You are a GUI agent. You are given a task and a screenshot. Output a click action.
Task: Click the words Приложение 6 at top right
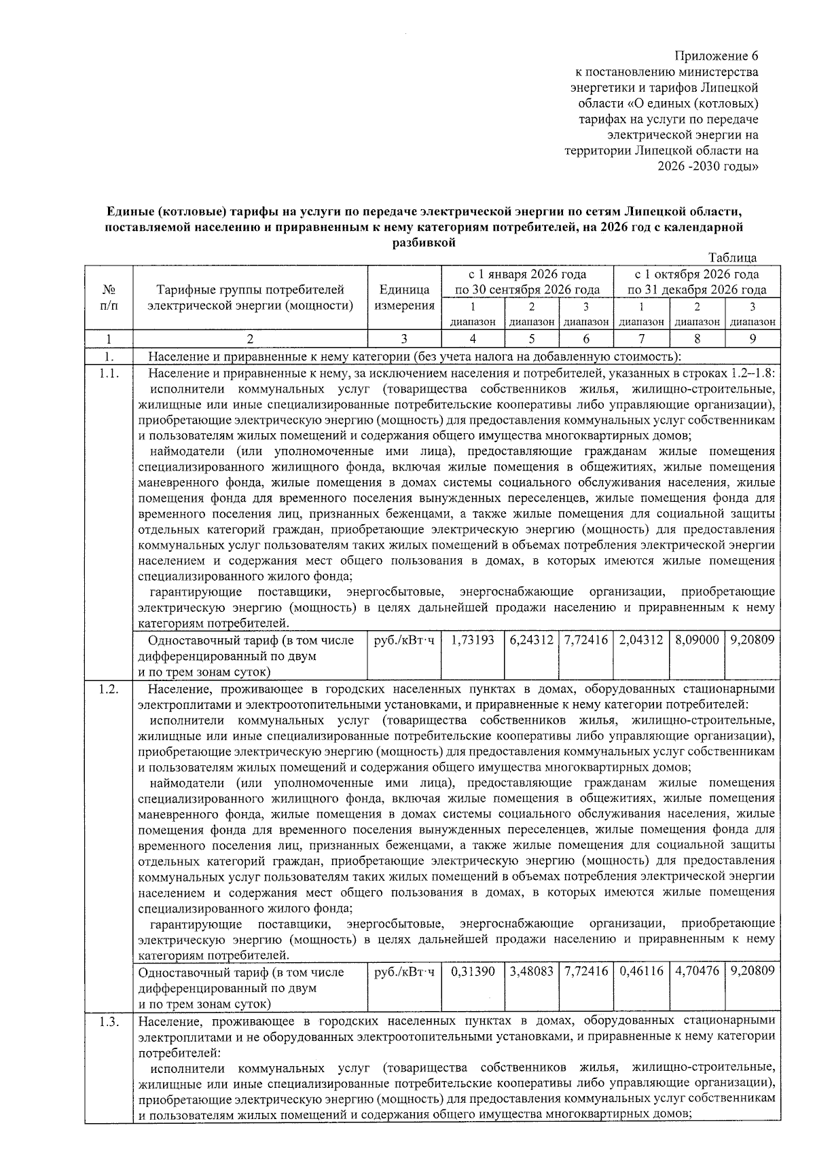tap(716, 56)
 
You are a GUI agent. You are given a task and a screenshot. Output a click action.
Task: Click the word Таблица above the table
tap(732, 257)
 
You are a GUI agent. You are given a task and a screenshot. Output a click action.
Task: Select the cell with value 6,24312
tap(530, 640)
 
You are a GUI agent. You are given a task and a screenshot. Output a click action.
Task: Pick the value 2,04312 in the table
tap(640, 640)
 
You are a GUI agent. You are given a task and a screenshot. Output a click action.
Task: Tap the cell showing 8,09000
tap(697, 640)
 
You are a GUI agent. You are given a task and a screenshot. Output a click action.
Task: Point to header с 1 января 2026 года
tap(527, 274)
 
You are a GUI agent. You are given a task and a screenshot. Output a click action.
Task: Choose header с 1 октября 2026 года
tap(697, 274)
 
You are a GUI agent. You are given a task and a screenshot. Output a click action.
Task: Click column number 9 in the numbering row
tap(751, 338)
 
